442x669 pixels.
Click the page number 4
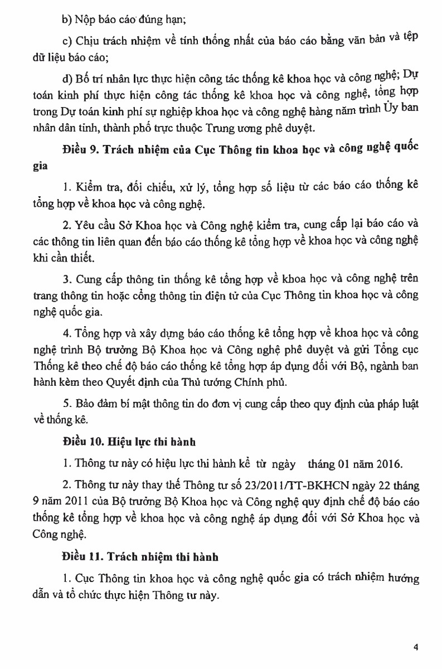[416, 647]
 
